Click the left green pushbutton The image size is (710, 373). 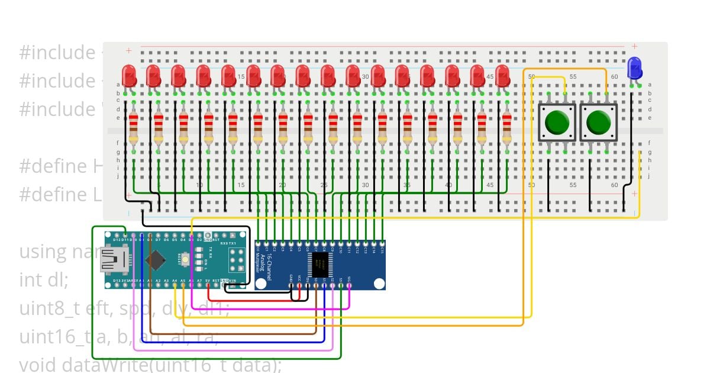pyautogui.click(x=557, y=123)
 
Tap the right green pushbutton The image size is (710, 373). pyautogui.click(x=598, y=123)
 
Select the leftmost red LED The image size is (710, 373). pyautogui.click(x=129, y=75)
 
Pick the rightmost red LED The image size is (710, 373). pyautogui.click(x=502, y=75)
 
